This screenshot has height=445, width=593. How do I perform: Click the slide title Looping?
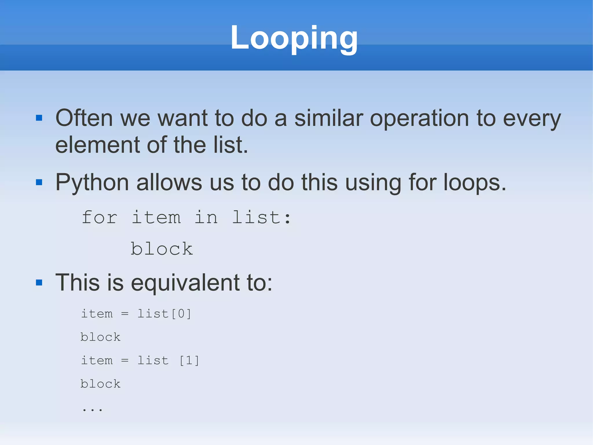(x=294, y=38)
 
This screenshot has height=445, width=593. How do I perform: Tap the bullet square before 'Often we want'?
(x=39, y=118)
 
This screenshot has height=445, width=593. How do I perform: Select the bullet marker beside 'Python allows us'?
(x=39, y=182)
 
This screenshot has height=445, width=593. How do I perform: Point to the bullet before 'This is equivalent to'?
(x=39, y=282)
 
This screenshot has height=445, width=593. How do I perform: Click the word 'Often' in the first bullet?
(x=84, y=118)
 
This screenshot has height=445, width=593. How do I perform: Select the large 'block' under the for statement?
(x=162, y=249)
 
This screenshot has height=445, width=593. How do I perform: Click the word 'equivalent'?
(x=185, y=283)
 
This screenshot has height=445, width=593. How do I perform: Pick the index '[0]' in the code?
(x=181, y=314)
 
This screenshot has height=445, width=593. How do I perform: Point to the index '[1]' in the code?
(x=189, y=361)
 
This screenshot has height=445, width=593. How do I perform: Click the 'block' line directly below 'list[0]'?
(x=100, y=337)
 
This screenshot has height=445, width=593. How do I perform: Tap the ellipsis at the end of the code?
(x=92, y=409)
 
